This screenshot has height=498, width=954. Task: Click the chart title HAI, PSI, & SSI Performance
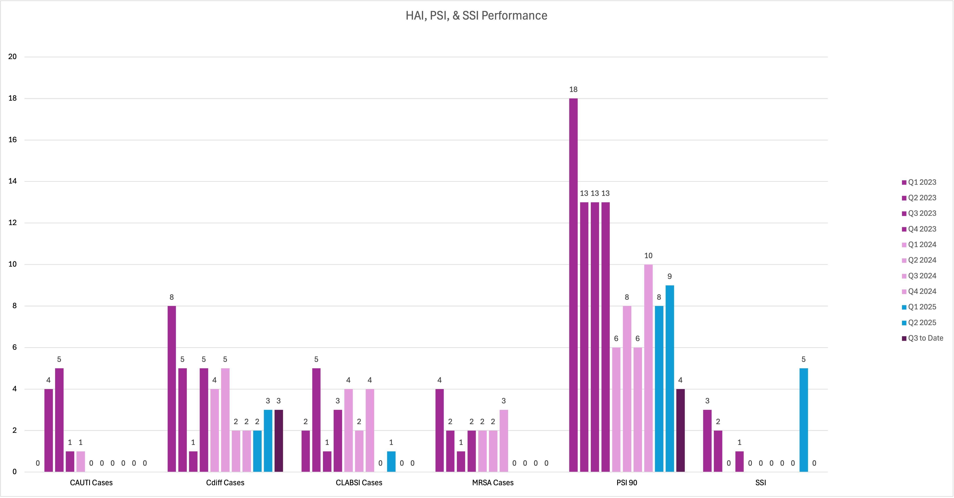click(476, 16)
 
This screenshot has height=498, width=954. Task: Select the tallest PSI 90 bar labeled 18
click(573, 285)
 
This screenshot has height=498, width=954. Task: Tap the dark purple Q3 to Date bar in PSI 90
click(680, 430)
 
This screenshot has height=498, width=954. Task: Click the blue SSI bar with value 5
click(804, 420)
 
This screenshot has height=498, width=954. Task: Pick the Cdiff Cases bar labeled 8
click(171, 389)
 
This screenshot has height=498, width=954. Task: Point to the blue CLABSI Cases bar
click(391, 461)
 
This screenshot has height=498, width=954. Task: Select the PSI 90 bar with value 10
click(648, 368)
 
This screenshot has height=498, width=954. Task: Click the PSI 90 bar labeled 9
click(670, 378)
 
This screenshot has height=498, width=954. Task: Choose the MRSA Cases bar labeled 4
click(440, 430)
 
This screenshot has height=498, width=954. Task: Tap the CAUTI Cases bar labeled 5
click(59, 420)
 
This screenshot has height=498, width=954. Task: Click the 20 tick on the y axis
click(13, 57)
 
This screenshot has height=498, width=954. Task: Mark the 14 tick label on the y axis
click(13, 181)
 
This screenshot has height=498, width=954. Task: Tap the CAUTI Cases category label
click(91, 482)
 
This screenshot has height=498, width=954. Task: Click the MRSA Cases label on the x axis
click(493, 482)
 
